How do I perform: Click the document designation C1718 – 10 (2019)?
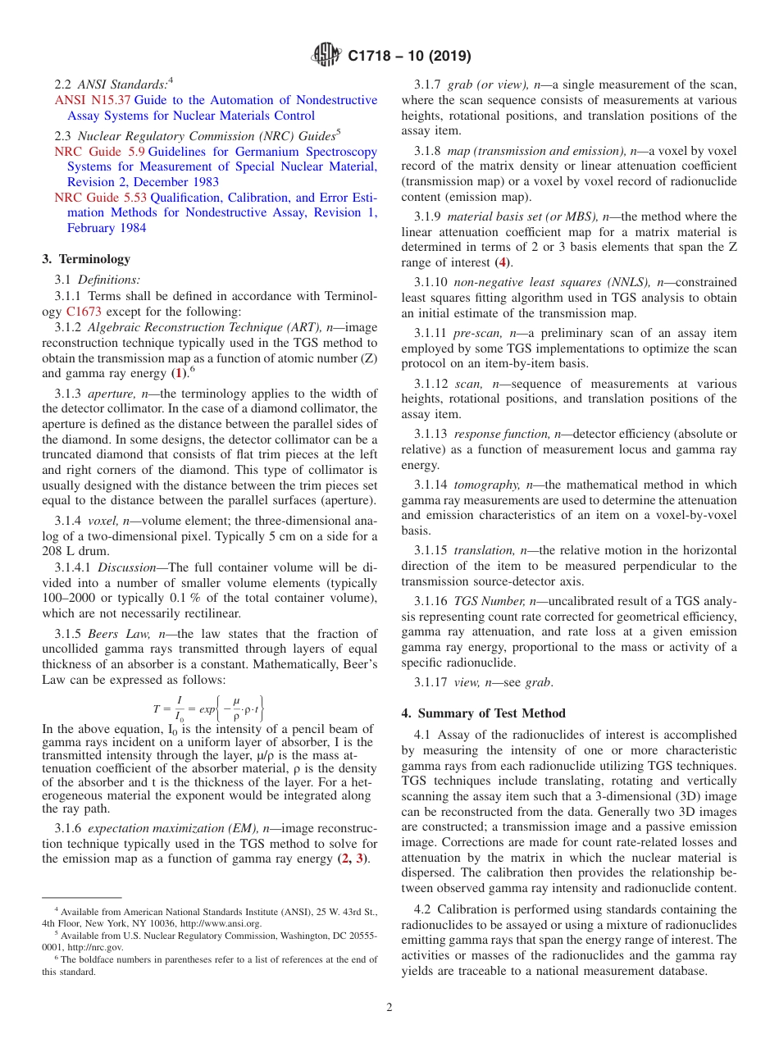[409, 56]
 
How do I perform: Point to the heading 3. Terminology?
[86, 259]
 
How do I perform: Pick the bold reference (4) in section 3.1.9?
[503, 262]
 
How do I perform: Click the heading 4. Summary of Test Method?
[483, 713]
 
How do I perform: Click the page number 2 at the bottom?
[389, 1008]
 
